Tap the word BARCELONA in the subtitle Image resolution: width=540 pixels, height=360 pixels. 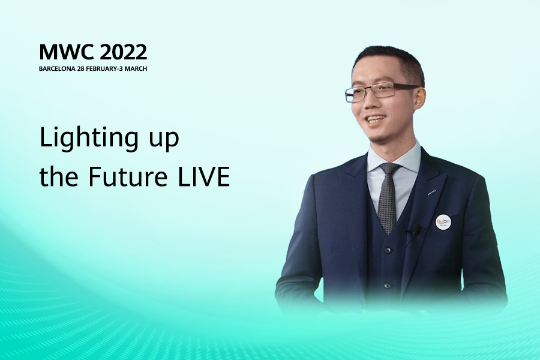click(57, 68)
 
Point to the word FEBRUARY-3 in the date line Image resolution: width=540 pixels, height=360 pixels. click(104, 68)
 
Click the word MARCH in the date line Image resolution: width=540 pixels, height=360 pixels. click(136, 68)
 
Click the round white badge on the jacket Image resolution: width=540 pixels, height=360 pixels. click(443, 222)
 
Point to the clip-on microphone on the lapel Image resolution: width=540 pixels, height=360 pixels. click(416, 229)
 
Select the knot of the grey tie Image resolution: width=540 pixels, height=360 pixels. click(389, 170)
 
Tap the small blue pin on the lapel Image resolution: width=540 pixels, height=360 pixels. click(432, 192)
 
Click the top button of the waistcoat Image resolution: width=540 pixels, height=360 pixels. click(388, 250)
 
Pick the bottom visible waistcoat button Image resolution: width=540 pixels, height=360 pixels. click(388, 286)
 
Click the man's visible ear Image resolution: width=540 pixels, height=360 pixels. click(419, 99)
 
